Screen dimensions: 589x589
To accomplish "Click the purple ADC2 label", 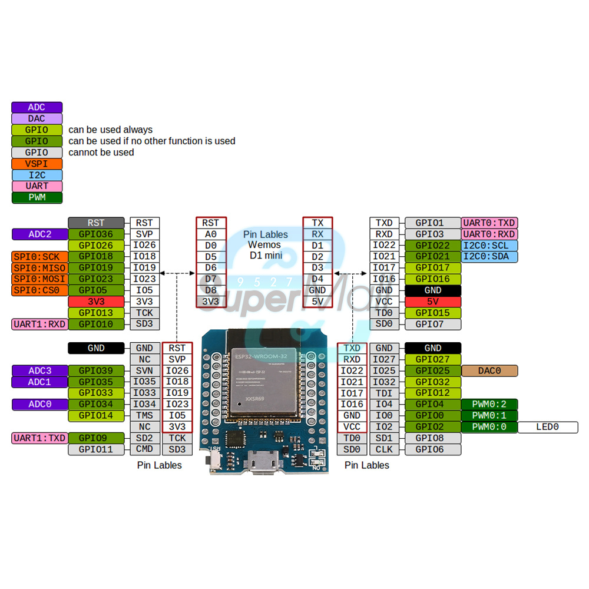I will point(40,234).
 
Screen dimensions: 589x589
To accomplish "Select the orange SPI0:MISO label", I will point(39,268).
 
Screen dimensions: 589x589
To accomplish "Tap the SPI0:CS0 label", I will point(39,290).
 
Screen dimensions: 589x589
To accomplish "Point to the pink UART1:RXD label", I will point(39,324).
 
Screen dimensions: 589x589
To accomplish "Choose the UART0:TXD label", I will point(489,223).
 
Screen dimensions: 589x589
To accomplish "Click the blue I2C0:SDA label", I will point(489,257).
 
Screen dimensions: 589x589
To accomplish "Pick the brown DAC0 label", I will point(489,371).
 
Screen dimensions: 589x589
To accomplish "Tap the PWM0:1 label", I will point(489,416).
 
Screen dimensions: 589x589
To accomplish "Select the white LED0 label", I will point(547,427).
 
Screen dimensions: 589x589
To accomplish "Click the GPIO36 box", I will point(96,234).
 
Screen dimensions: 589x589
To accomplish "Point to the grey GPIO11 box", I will point(96,449).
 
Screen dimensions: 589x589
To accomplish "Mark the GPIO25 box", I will point(432,371).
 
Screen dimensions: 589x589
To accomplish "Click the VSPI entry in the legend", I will point(37,164).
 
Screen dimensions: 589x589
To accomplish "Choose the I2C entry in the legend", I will point(37,175).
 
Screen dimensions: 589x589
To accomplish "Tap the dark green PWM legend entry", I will point(37,197).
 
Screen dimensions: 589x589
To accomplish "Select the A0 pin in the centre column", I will point(210,234).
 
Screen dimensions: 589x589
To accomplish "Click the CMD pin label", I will point(144,449).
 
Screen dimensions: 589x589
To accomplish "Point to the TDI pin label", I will point(383,393).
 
